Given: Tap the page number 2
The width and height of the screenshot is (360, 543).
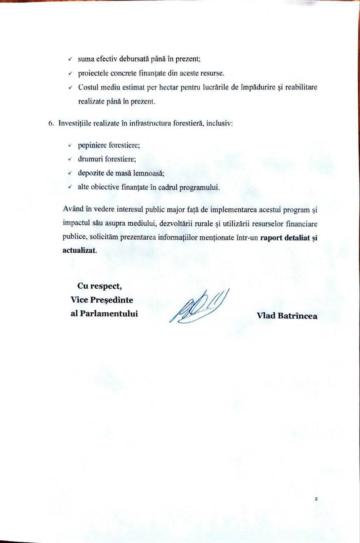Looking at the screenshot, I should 316,499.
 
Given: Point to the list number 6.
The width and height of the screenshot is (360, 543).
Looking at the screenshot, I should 51,123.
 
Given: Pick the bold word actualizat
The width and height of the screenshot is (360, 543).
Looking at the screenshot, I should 79,250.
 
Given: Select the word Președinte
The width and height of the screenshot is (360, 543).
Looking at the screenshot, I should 111,300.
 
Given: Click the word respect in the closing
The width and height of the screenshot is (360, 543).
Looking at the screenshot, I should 108,285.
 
